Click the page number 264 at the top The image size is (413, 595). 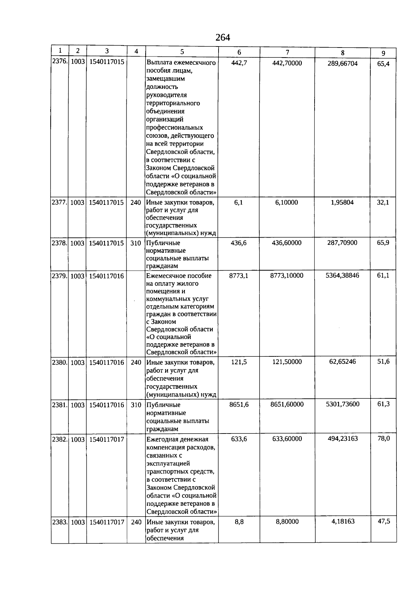pyautogui.click(x=223, y=37)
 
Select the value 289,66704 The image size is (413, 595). pyautogui.click(x=342, y=63)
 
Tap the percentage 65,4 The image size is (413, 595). pyautogui.click(x=383, y=64)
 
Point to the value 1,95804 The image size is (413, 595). pyautogui.click(x=342, y=202)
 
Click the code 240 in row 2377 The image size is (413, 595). pyautogui.click(x=136, y=202)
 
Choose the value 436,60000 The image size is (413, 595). pyautogui.click(x=287, y=243)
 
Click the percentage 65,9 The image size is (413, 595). pyautogui.click(x=383, y=242)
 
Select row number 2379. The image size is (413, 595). pyautogui.click(x=60, y=276)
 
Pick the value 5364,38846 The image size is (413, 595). pyautogui.click(x=342, y=275)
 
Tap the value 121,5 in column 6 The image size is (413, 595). pyautogui.click(x=239, y=362)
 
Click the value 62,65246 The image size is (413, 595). pyautogui.click(x=342, y=362)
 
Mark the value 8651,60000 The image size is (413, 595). pyautogui.click(x=287, y=404)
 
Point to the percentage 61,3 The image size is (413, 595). pyautogui.click(x=383, y=404)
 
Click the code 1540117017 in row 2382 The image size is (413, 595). pyautogui.click(x=107, y=439)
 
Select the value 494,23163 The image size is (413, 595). pyautogui.click(x=343, y=438)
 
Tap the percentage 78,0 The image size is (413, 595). pyautogui.click(x=383, y=438)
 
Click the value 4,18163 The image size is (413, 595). pyautogui.click(x=343, y=521)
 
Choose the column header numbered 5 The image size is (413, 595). pyautogui.click(x=182, y=52)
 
